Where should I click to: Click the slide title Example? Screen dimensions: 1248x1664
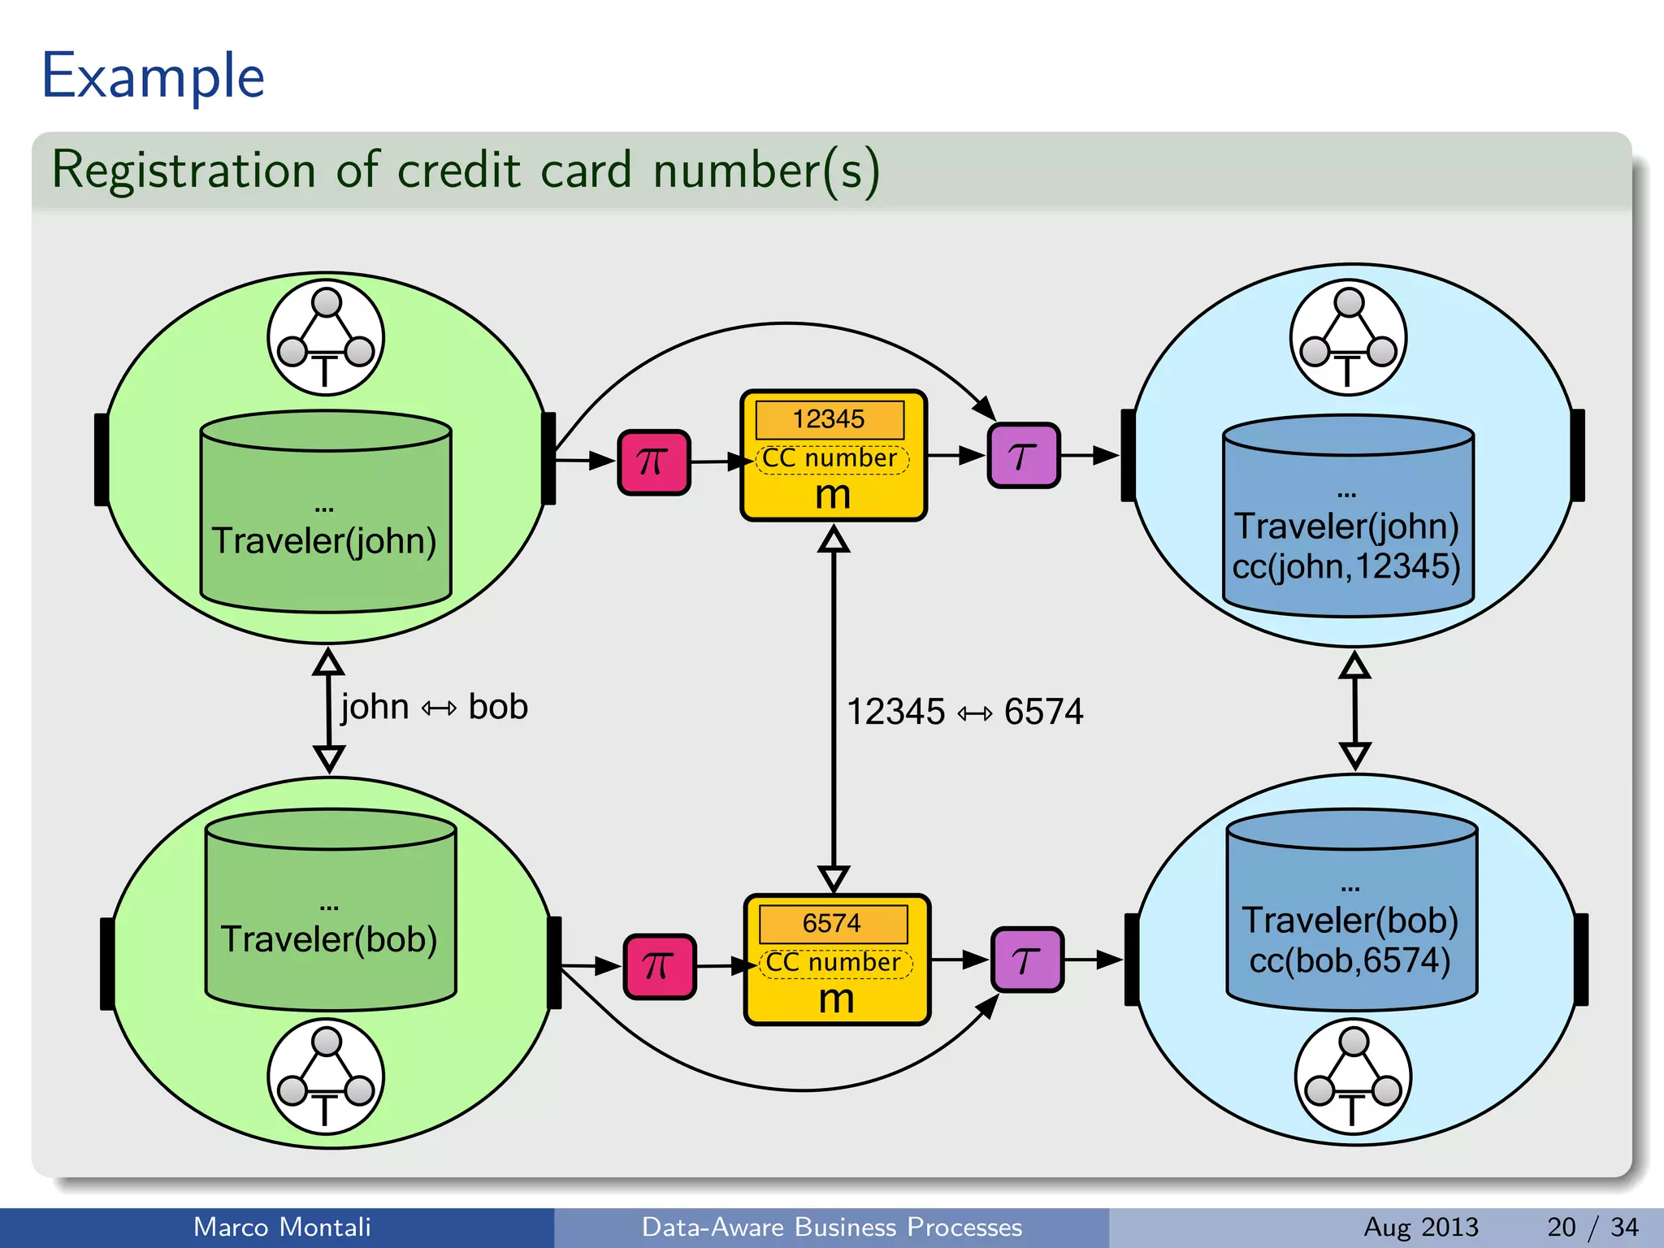point(153,76)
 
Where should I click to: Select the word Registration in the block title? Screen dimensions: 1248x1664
point(184,171)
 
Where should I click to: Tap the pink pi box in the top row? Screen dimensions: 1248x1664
point(654,462)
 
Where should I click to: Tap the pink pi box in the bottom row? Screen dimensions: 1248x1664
point(659,967)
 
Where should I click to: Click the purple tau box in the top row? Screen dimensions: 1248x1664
point(1023,456)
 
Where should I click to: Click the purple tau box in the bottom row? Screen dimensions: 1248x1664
point(1027,960)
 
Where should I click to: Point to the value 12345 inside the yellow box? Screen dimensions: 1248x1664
point(829,419)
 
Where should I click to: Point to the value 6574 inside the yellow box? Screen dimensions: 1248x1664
point(832,924)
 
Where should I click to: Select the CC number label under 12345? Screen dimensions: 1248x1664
point(830,459)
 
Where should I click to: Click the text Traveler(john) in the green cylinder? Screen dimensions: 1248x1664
point(324,541)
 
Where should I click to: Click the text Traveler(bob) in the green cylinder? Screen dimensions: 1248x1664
point(329,939)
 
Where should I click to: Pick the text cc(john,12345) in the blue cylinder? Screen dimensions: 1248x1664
point(1346,566)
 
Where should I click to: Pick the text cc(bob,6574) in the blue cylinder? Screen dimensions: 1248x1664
point(1350,961)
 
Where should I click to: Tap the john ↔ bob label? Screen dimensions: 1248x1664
point(434,707)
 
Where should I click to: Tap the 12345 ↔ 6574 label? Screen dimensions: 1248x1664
point(964,712)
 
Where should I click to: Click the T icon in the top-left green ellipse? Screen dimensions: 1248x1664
point(326,338)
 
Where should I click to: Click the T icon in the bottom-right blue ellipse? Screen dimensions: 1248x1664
point(1353,1077)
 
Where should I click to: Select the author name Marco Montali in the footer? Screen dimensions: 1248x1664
point(282,1227)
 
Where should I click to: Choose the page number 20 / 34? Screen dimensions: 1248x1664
point(1592,1227)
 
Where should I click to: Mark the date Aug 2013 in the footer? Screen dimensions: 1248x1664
point(1421,1227)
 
